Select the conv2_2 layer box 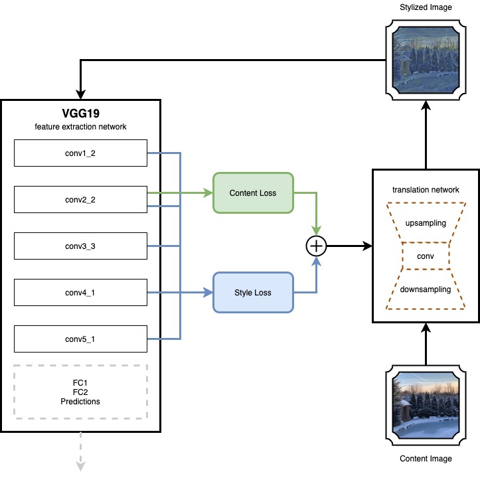(80, 199)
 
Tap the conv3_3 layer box (80, 246)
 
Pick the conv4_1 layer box (80, 291)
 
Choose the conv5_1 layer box (80, 339)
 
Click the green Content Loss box (252, 193)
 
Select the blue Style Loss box (252, 292)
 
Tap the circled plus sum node (316, 246)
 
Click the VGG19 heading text (80, 113)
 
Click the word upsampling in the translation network (426, 223)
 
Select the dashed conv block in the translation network (426, 256)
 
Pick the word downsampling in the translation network (426, 289)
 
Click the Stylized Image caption (426, 8)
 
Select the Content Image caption (426, 459)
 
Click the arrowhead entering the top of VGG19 (80, 94)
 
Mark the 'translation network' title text (426, 190)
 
